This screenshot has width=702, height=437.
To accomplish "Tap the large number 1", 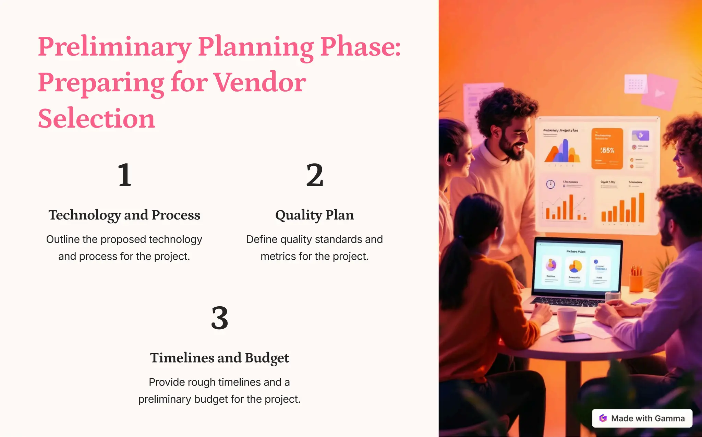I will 124,175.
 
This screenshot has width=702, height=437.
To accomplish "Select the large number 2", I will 314,175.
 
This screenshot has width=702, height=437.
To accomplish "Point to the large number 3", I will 219,318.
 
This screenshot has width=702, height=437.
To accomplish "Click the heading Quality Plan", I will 314,215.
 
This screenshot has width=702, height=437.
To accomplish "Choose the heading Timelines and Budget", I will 219,358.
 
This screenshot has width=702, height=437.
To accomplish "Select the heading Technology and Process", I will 124,215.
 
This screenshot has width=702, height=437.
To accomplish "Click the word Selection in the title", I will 96,118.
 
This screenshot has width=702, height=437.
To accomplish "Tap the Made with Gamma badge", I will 642,418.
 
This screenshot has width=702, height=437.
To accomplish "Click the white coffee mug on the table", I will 566,319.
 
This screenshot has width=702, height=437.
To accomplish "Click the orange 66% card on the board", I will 607,149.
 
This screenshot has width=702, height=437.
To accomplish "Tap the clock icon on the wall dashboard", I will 550,185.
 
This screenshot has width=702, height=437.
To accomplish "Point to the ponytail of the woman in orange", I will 452,271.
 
